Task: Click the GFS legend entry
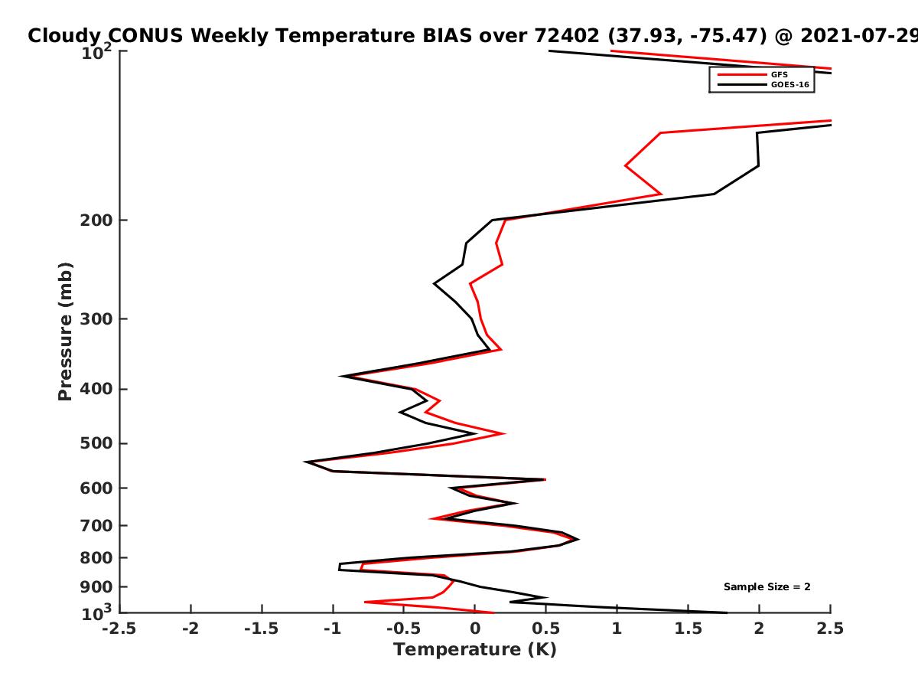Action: [x=753, y=75]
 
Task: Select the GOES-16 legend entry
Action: [x=763, y=85]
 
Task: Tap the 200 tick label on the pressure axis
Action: [x=96, y=220]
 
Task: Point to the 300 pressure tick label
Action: [x=96, y=319]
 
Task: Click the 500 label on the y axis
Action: [x=96, y=443]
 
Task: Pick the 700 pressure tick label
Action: [x=96, y=526]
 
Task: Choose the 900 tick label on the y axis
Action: [x=96, y=587]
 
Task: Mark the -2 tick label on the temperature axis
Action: [x=190, y=629]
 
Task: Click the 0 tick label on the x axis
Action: [x=475, y=629]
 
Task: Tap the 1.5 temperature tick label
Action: [x=688, y=629]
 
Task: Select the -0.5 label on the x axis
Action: [x=404, y=629]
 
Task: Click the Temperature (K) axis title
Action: [x=475, y=650]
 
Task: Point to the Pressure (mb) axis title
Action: [x=65, y=331]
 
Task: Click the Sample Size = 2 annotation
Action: [x=767, y=587]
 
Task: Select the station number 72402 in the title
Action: [x=567, y=36]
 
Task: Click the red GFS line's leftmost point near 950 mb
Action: [x=365, y=602]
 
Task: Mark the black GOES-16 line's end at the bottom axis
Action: [x=727, y=613]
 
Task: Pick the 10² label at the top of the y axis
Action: [x=96, y=52]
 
